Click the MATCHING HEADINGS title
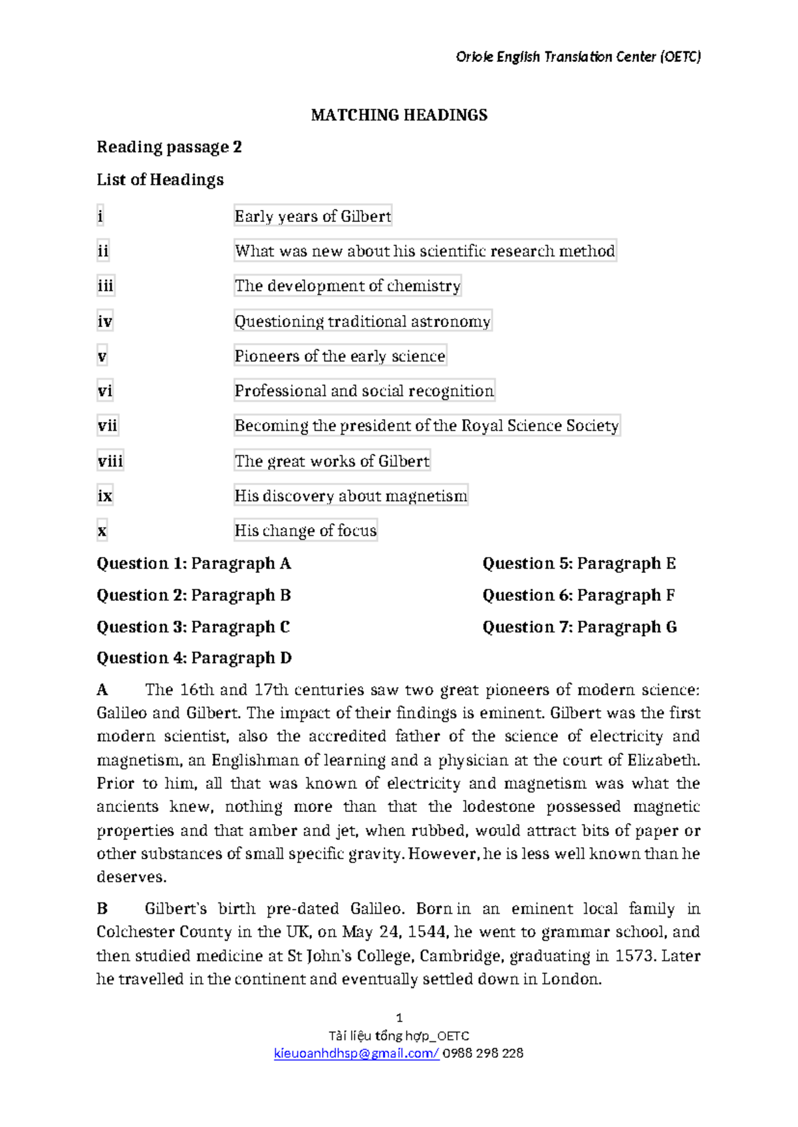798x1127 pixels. point(399,115)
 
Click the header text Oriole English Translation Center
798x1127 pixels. point(578,57)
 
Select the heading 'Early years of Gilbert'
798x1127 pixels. point(313,216)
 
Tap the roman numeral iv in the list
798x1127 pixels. point(104,322)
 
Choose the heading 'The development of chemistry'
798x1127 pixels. point(347,286)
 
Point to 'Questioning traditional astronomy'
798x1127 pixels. point(362,322)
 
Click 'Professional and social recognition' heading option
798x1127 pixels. point(364,391)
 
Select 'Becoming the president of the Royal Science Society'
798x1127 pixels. point(426,426)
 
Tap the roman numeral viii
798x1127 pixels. point(110,461)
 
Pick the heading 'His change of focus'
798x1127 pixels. point(305,531)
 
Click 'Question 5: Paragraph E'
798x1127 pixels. point(579,563)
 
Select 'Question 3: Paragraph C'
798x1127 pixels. point(193,627)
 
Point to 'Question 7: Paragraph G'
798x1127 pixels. point(579,627)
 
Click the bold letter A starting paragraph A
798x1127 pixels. point(102,690)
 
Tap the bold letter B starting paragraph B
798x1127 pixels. point(102,908)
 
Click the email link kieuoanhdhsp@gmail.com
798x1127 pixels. point(356,1053)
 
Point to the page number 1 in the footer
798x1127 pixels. point(399,1017)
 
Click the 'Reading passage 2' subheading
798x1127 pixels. point(169,147)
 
